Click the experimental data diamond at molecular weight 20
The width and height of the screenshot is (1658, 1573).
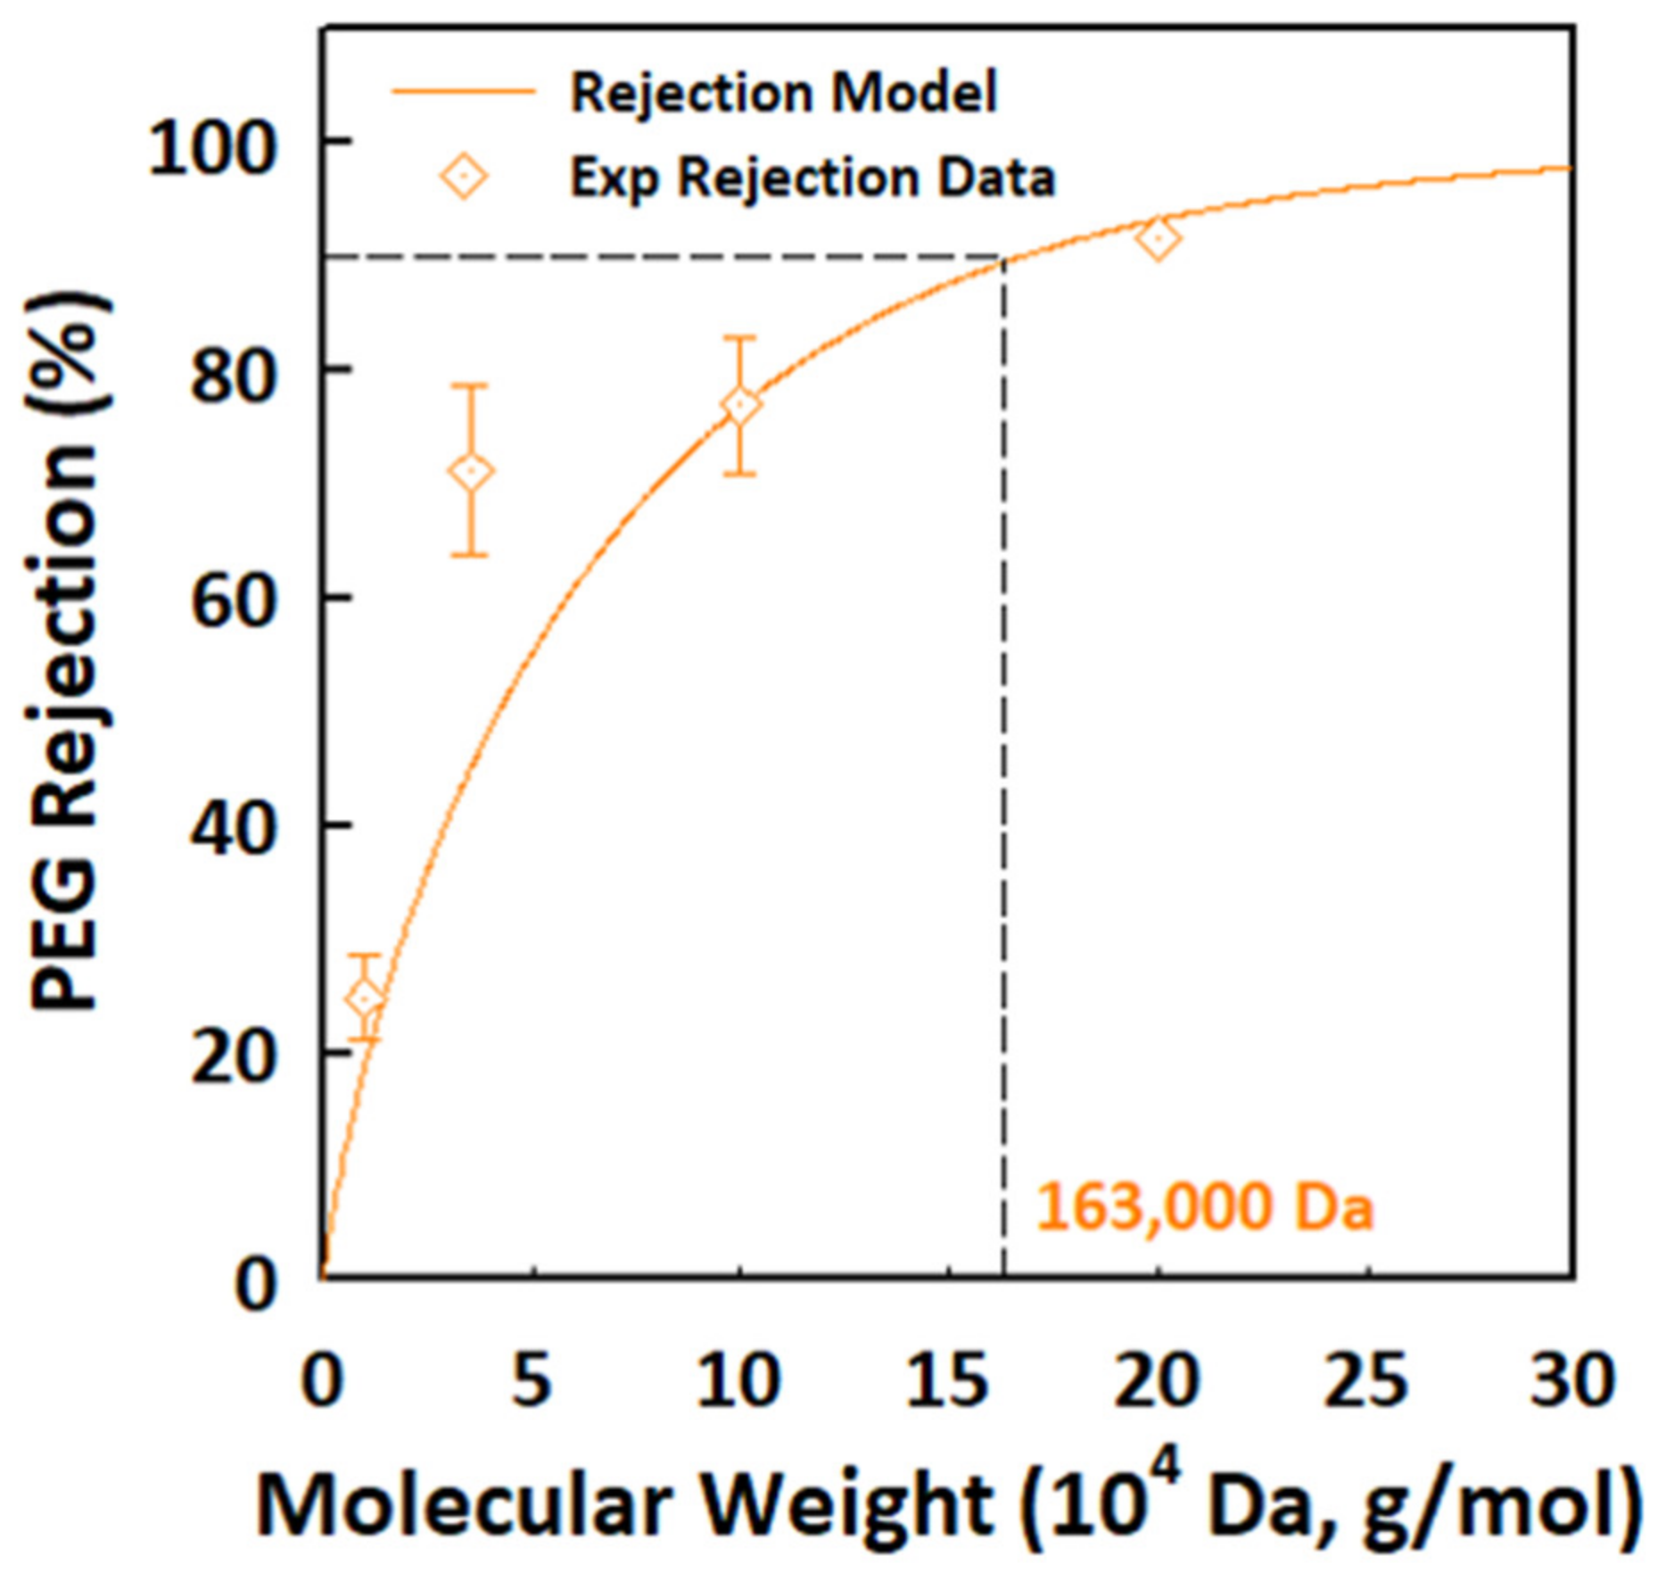tap(1158, 238)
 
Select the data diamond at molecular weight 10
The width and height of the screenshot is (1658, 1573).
tap(740, 405)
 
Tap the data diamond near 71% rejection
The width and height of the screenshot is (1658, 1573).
tap(472, 471)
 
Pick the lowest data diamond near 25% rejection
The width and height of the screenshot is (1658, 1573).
tap(364, 999)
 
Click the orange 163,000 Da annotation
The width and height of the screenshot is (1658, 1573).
tap(1203, 1208)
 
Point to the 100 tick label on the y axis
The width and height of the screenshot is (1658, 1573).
tap(208, 148)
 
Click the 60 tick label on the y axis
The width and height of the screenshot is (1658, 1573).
tap(230, 604)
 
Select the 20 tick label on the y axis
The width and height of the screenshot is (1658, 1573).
tap(230, 1060)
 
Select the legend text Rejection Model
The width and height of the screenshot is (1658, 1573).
tap(783, 93)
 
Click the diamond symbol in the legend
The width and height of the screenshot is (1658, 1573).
tap(464, 177)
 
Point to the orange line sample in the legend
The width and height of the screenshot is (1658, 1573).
tap(464, 91)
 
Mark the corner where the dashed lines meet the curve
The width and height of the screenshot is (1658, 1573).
tap(1004, 259)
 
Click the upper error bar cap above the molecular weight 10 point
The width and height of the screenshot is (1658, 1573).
tap(740, 337)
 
